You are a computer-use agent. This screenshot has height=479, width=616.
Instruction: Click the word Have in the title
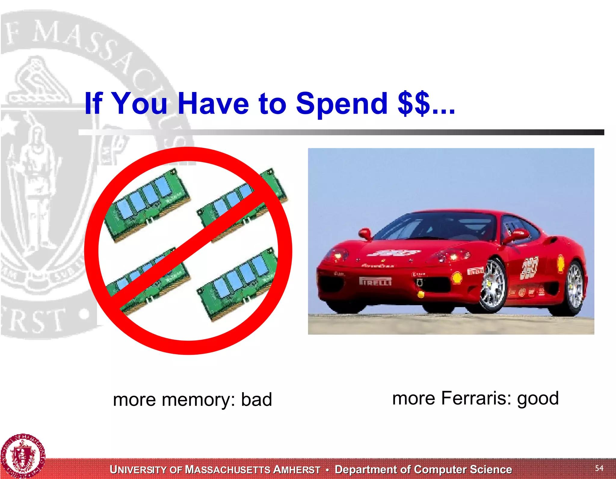click(x=213, y=104)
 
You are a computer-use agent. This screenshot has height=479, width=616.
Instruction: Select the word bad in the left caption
click(x=257, y=400)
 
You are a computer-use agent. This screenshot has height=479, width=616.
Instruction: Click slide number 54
click(x=599, y=468)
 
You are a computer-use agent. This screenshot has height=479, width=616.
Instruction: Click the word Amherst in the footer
click(x=297, y=470)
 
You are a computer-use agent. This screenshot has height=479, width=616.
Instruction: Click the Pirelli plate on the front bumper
click(x=375, y=281)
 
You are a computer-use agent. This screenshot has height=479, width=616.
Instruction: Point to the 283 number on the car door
click(x=529, y=267)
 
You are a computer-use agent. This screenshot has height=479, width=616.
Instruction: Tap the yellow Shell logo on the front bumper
click(x=457, y=278)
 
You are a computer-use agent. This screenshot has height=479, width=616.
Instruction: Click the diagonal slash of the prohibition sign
click(x=188, y=251)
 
